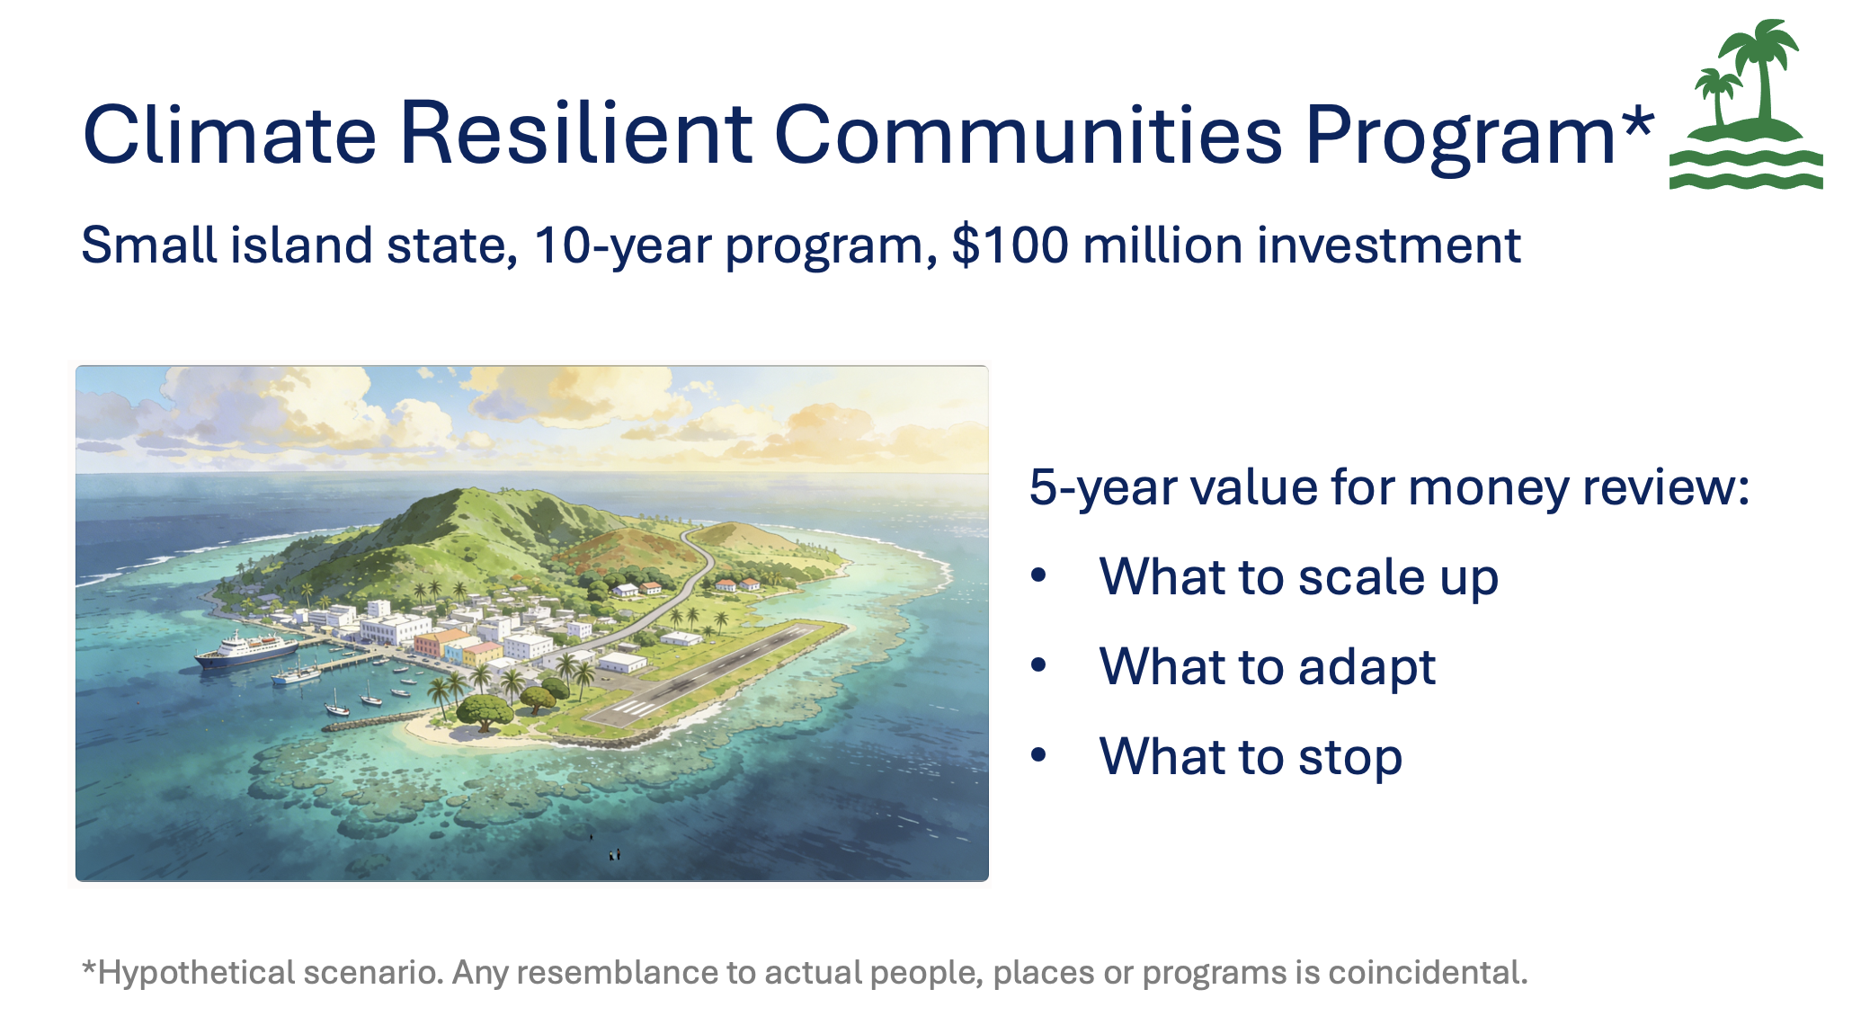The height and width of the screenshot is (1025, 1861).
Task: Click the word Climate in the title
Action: click(229, 134)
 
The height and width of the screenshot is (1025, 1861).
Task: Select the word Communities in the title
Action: click(1028, 134)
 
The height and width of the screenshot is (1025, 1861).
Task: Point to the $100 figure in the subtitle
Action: click(1011, 245)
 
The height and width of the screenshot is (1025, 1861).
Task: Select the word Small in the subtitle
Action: click(149, 245)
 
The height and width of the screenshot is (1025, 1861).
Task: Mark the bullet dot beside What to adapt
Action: click(1039, 665)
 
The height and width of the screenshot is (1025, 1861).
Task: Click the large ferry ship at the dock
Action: click(245, 649)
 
